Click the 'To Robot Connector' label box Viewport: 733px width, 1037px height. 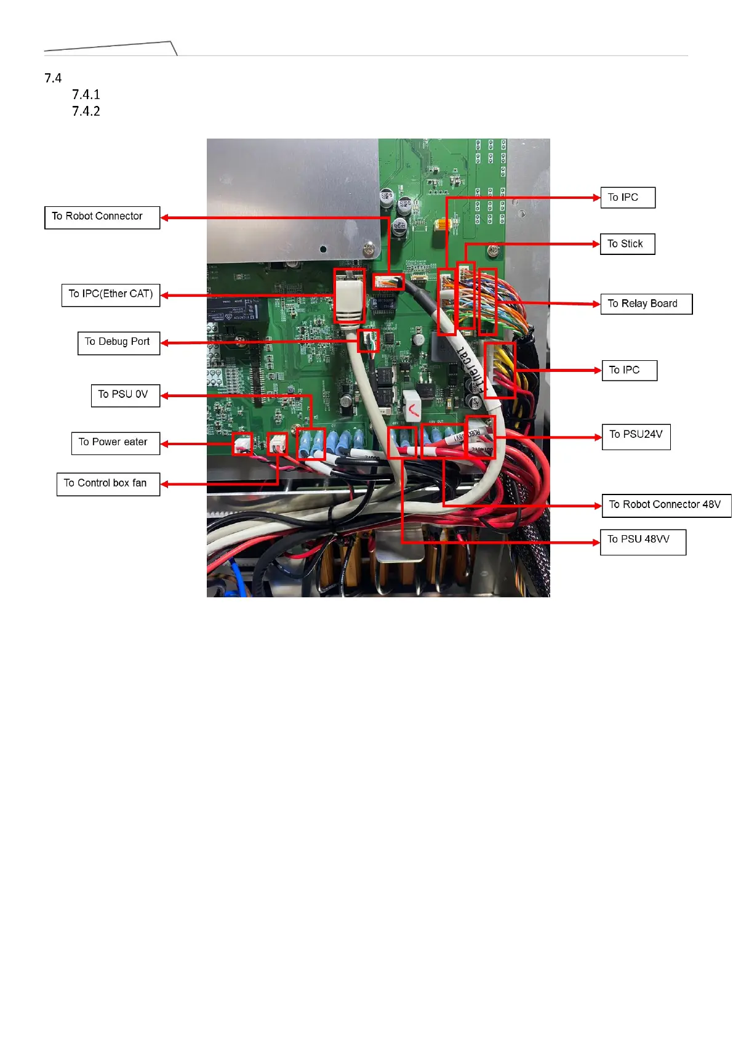(102, 217)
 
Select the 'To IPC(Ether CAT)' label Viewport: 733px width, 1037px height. (111, 294)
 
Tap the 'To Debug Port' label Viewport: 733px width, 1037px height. (118, 342)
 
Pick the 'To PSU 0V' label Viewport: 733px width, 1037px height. (125, 395)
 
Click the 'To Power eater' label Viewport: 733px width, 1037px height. (115, 443)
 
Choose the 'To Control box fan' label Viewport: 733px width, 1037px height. (108, 483)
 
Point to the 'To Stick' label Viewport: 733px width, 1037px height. (627, 244)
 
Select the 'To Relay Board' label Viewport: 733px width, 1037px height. (646, 304)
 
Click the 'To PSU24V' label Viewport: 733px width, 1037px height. (636, 436)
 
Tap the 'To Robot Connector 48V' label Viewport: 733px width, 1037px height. (666, 505)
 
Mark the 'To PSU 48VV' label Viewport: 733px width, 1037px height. (642, 541)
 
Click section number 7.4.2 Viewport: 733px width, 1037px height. (86, 111)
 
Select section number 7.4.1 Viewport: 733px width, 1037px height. (86, 95)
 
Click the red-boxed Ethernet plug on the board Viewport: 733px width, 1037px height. (350, 296)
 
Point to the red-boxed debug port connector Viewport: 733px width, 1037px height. (368, 341)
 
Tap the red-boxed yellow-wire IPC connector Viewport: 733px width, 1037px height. (500, 370)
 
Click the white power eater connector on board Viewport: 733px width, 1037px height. (242, 443)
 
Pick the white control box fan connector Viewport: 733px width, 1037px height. (278, 443)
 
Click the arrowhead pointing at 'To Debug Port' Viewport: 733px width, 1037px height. (165, 343)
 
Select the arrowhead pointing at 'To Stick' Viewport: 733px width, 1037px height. (596, 244)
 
